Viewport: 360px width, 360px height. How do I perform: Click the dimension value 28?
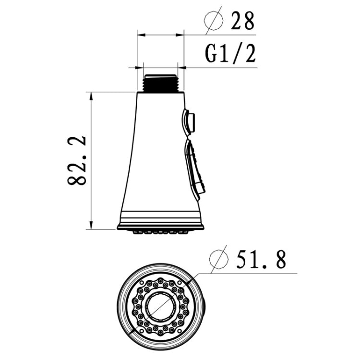(x=242, y=21)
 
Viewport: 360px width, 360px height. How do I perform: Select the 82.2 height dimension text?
(x=77, y=160)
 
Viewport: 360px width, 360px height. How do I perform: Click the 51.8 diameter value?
(x=261, y=260)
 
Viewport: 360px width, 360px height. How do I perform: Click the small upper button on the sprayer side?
(x=189, y=122)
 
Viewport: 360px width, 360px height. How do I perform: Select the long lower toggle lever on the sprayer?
(x=196, y=169)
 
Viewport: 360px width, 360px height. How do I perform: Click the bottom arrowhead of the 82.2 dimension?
(x=91, y=226)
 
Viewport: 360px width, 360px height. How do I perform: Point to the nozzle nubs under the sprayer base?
(x=160, y=232)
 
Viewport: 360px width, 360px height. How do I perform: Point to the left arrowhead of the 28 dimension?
(x=140, y=35)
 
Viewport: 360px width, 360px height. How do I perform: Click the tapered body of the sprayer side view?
(x=154, y=154)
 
